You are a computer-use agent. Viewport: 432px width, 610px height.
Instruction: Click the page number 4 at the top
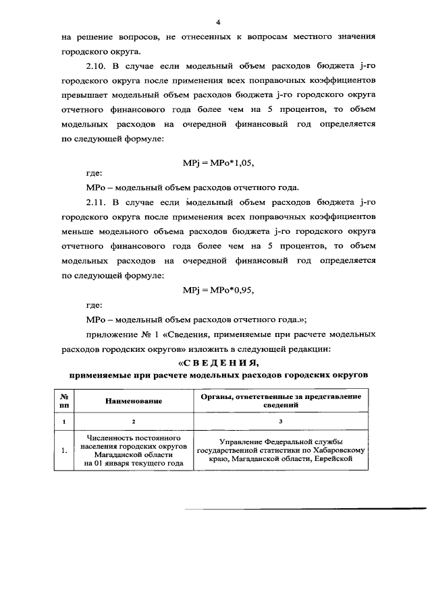(218, 21)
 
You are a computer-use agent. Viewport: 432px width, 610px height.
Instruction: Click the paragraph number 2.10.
(97, 66)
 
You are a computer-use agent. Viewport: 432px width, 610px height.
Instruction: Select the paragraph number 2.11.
(97, 202)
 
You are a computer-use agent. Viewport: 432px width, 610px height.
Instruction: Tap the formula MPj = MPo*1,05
(217, 162)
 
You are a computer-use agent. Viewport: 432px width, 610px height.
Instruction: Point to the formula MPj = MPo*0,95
(217, 290)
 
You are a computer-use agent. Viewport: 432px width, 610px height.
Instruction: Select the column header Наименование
(134, 401)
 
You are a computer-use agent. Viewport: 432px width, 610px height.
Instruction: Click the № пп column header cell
(64, 401)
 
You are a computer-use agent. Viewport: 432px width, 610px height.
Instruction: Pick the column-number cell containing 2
(134, 421)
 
